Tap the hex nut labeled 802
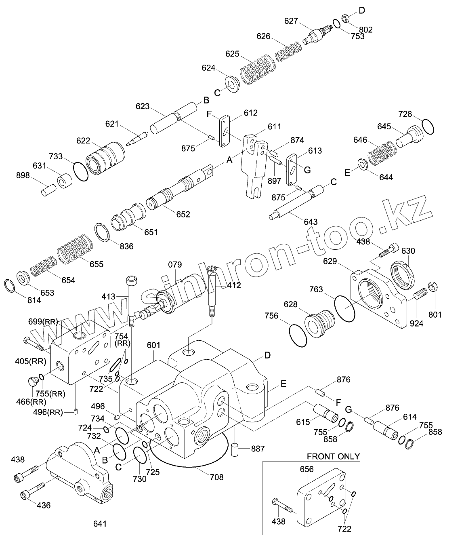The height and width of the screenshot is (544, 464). coord(346,18)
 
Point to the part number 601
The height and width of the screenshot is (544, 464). coord(154,345)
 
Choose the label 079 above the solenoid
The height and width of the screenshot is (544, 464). coord(175,265)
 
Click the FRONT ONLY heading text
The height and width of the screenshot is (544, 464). coord(333,456)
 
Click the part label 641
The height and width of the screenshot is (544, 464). coord(100,523)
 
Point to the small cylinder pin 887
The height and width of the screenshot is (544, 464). coord(235,450)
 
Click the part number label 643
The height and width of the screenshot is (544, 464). coord(310,221)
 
